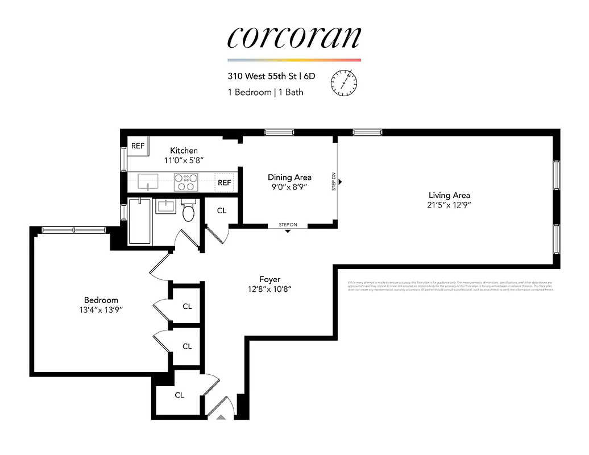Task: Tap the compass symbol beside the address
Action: (344, 82)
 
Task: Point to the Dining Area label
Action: (289, 177)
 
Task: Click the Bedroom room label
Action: (101, 300)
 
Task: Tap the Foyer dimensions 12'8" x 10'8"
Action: (269, 289)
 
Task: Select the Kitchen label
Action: (184, 150)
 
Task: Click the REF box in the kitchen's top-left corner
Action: (138, 146)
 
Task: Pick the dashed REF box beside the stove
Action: (225, 183)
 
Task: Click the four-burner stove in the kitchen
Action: (186, 182)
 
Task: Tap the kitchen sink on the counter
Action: (147, 182)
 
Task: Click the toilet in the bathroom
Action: (189, 212)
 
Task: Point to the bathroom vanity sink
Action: (166, 206)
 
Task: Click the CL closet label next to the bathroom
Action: (222, 210)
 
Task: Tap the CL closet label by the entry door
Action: (179, 395)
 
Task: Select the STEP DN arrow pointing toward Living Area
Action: (340, 182)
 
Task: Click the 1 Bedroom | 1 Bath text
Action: (266, 92)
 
